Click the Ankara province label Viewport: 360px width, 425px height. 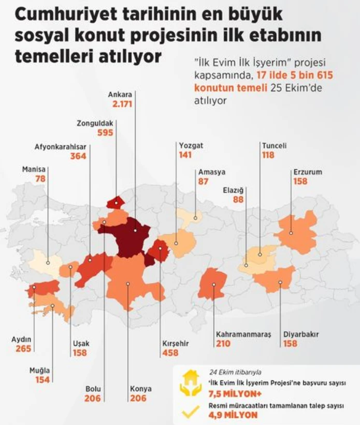[x=120, y=95]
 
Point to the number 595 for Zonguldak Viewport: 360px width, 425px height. [x=105, y=133]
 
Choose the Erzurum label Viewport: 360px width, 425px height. [x=308, y=172]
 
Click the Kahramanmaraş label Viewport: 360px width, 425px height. [x=243, y=334]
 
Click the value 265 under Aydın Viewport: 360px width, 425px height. [x=23, y=349]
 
